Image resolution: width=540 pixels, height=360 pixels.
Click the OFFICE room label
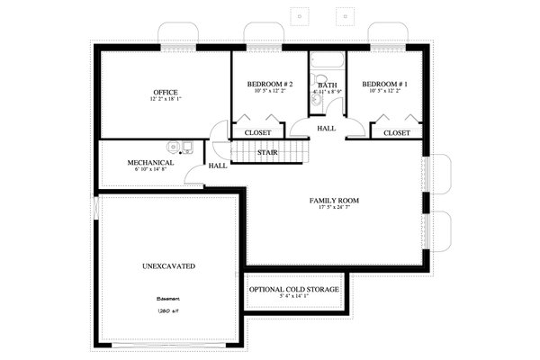[165, 93]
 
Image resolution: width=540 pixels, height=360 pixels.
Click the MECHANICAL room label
[149, 163]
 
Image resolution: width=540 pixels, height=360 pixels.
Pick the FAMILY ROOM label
[334, 200]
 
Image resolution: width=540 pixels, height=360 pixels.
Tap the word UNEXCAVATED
[169, 266]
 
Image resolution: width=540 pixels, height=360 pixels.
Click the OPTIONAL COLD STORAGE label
[295, 289]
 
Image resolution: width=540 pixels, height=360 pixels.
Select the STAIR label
[267, 153]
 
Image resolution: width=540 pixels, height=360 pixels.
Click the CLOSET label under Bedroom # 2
[257, 133]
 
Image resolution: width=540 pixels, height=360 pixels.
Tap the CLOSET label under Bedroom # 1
[397, 133]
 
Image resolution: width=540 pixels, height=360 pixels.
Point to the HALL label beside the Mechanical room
[218, 166]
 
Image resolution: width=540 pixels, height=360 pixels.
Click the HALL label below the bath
[326, 129]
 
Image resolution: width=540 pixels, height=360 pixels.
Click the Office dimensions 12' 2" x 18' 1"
[165, 100]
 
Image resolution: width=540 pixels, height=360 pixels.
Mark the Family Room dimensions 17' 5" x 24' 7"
[334, 208]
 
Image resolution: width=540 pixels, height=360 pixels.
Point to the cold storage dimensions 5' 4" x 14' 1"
[294, 296]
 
